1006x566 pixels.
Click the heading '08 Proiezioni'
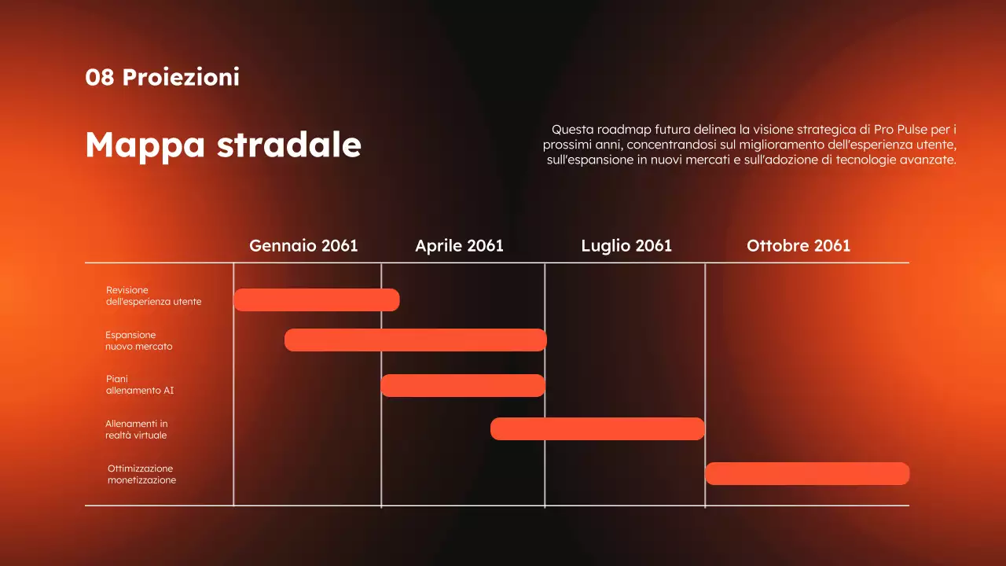[x=162, y=77]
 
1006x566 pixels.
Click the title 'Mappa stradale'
[x=223, y=145]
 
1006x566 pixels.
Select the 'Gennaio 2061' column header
[x=303, y=245]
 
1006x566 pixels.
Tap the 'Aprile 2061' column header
[x=459, y=245]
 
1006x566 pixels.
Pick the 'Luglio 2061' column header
[x=626, y=245]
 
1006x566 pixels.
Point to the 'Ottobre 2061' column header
[x=799, y=245]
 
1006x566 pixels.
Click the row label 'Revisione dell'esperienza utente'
[x=153, y=296]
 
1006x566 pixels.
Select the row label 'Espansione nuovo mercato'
[x=138, y=340]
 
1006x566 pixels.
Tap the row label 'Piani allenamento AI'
[x=140, y=384]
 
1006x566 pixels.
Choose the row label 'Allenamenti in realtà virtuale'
[x=136, y=429]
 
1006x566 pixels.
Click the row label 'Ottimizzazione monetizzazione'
[x=141, y=474]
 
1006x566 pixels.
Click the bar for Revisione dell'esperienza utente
[x=317, y=300]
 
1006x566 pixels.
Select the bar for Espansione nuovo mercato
[x=415, y=340]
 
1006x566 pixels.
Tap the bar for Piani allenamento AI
[x=463, y=385]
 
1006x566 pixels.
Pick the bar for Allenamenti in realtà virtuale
[x=597, y=428]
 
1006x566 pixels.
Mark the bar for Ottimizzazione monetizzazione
[x=807, y=473]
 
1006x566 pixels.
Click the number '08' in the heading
[x=100, y=77]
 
